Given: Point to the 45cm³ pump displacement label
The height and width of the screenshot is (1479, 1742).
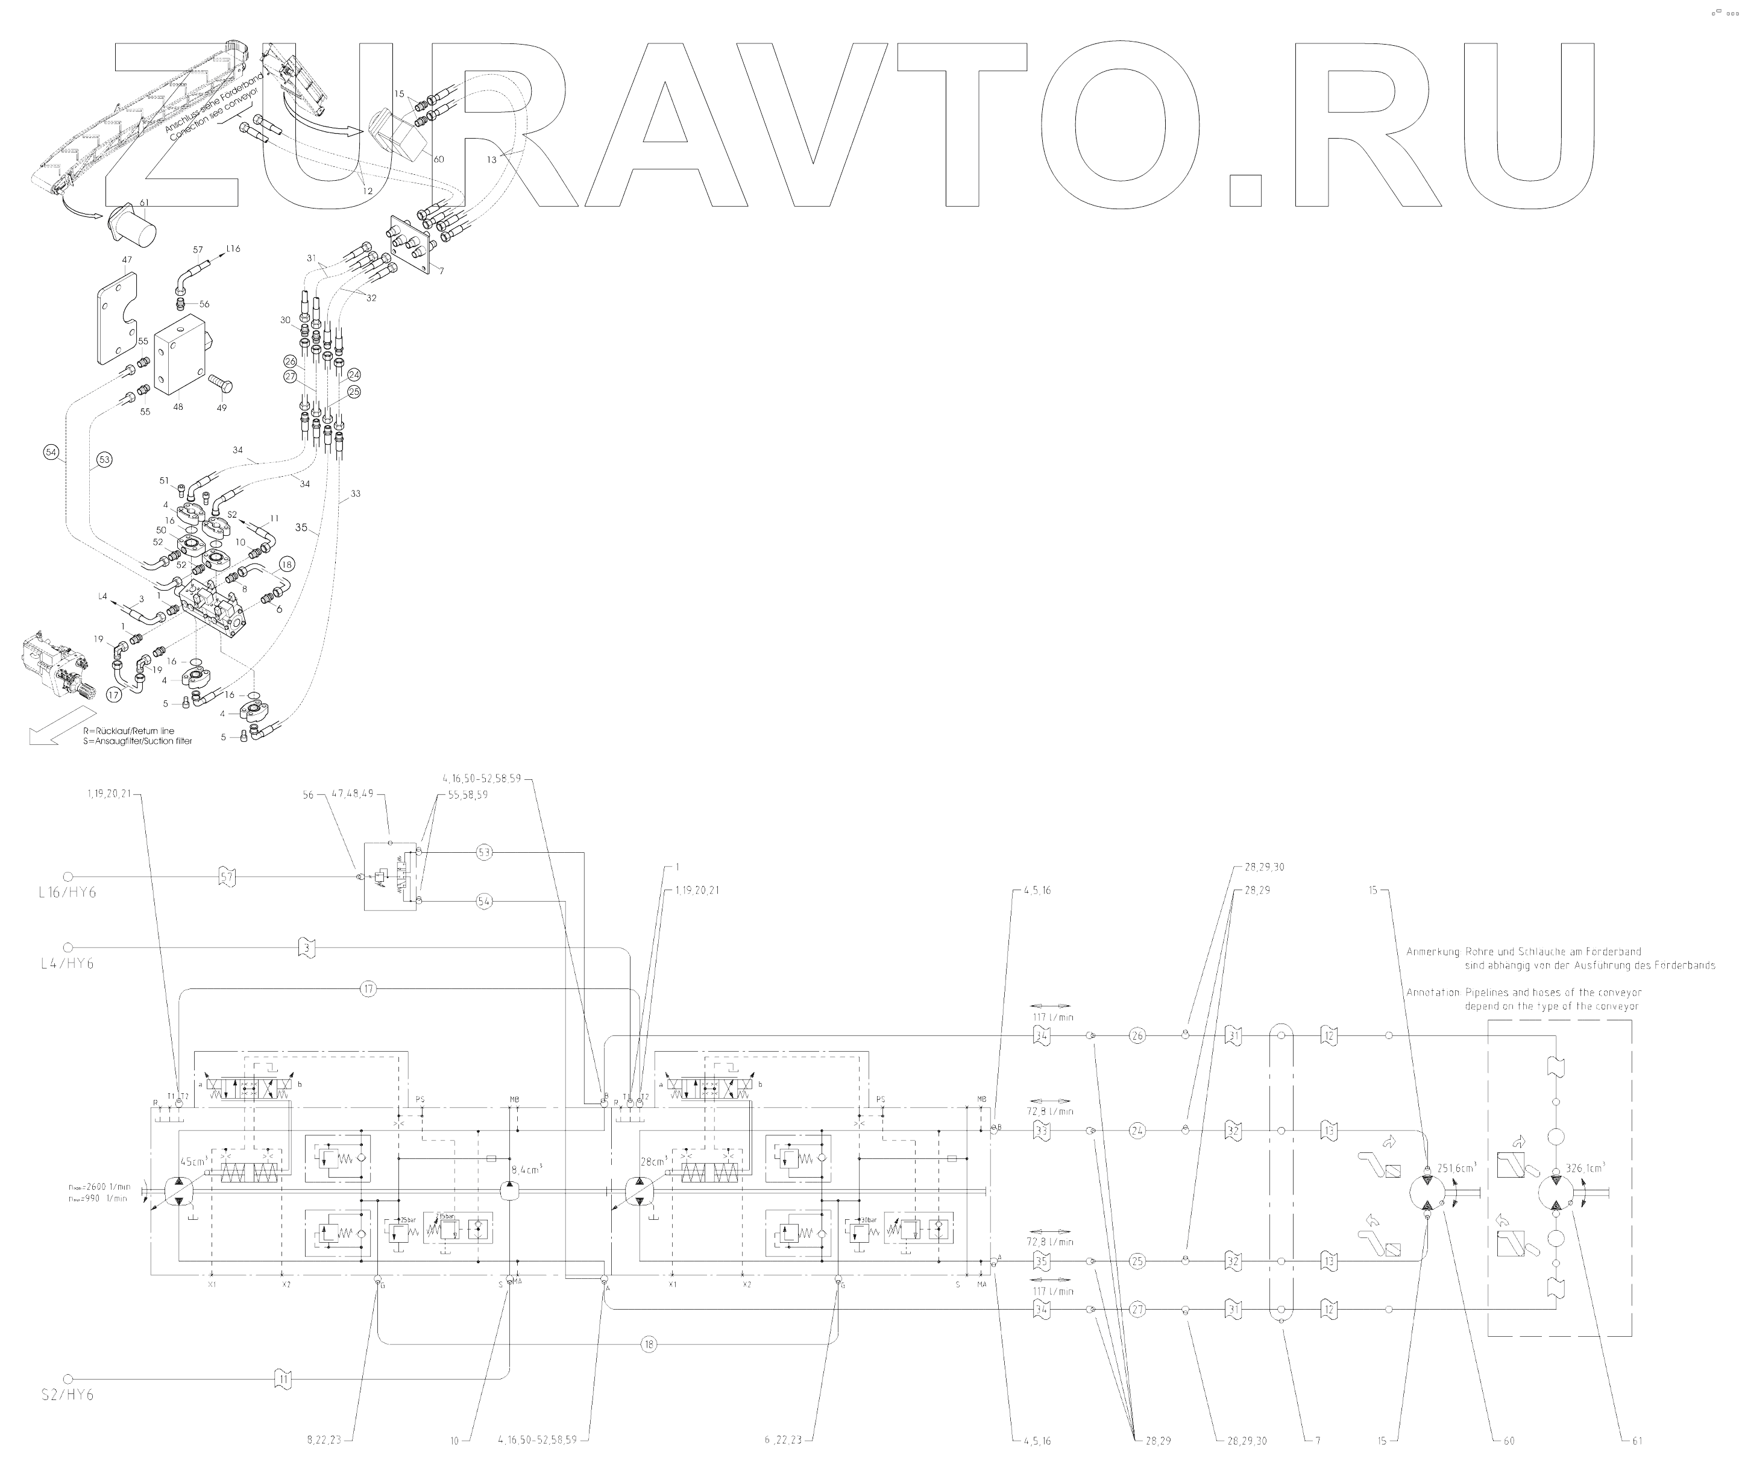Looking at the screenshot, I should [193, 1162].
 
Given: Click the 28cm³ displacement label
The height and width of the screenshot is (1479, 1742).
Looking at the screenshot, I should [653, 1162].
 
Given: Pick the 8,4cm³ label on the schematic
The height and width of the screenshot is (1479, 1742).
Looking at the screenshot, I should [527, 1168].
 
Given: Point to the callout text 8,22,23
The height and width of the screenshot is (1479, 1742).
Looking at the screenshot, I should [324, 1441].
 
